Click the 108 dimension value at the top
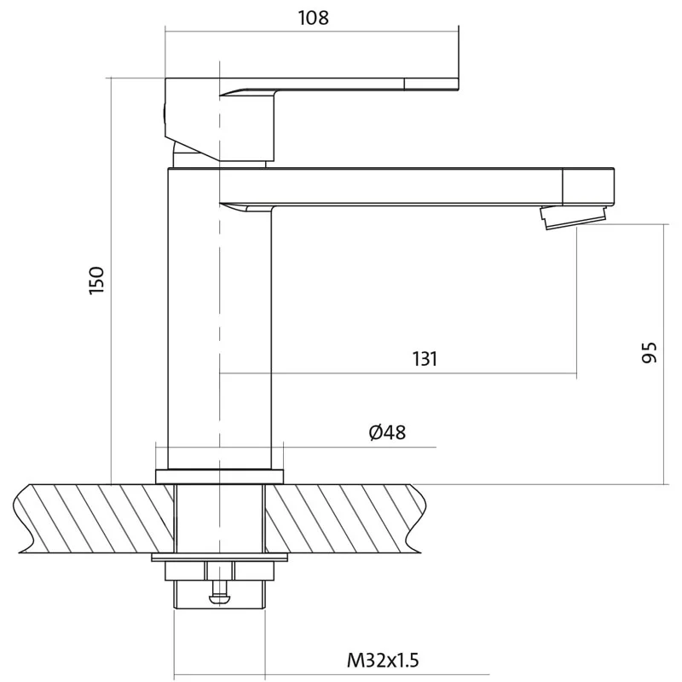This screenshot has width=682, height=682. (x=313, y=18)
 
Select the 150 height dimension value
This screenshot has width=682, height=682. (x=96, y=280)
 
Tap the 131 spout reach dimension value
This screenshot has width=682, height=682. (x=425, y=359)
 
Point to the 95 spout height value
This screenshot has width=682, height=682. (x=650, y=352)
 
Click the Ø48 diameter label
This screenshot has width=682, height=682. (x=387, y=432)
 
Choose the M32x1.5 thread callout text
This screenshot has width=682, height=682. (x=383, y=660)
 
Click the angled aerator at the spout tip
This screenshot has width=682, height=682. (x=574, y=217)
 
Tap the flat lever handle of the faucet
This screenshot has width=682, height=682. (x=339, y=84)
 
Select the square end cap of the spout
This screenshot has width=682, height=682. (x=588, y=186)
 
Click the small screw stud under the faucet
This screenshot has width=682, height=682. (x=220, y=583)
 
